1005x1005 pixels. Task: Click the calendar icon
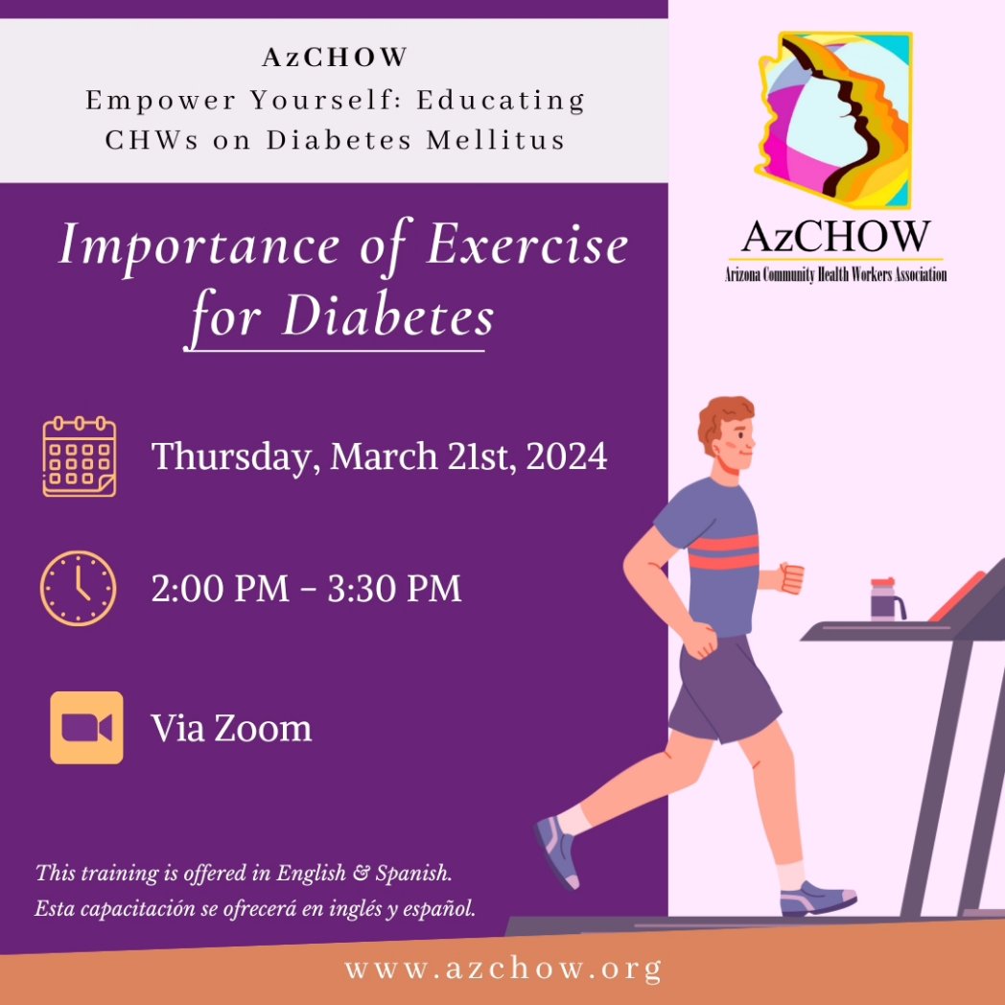pyautogui.click(x=80, y=456)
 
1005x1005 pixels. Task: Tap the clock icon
pyautogui.click(x=78, y=588)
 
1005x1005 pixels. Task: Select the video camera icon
pyautogui.click(x=86, y=728)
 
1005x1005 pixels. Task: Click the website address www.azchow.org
pyautogui.click(x=502, y=969)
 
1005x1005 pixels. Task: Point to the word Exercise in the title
pyautogui.click(x=527, y=245)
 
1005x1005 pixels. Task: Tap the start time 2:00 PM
pyautogui.click(x=220, y=588)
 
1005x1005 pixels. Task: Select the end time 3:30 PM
pyautogui.click(x=395, y=588)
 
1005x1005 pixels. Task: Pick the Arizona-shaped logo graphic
pyautogui.click(x=832, y=120)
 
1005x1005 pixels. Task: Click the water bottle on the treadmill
pyautogui.click(x=885, y=599)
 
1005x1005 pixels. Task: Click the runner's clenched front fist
pyautogui.click(x=791, y=577)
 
